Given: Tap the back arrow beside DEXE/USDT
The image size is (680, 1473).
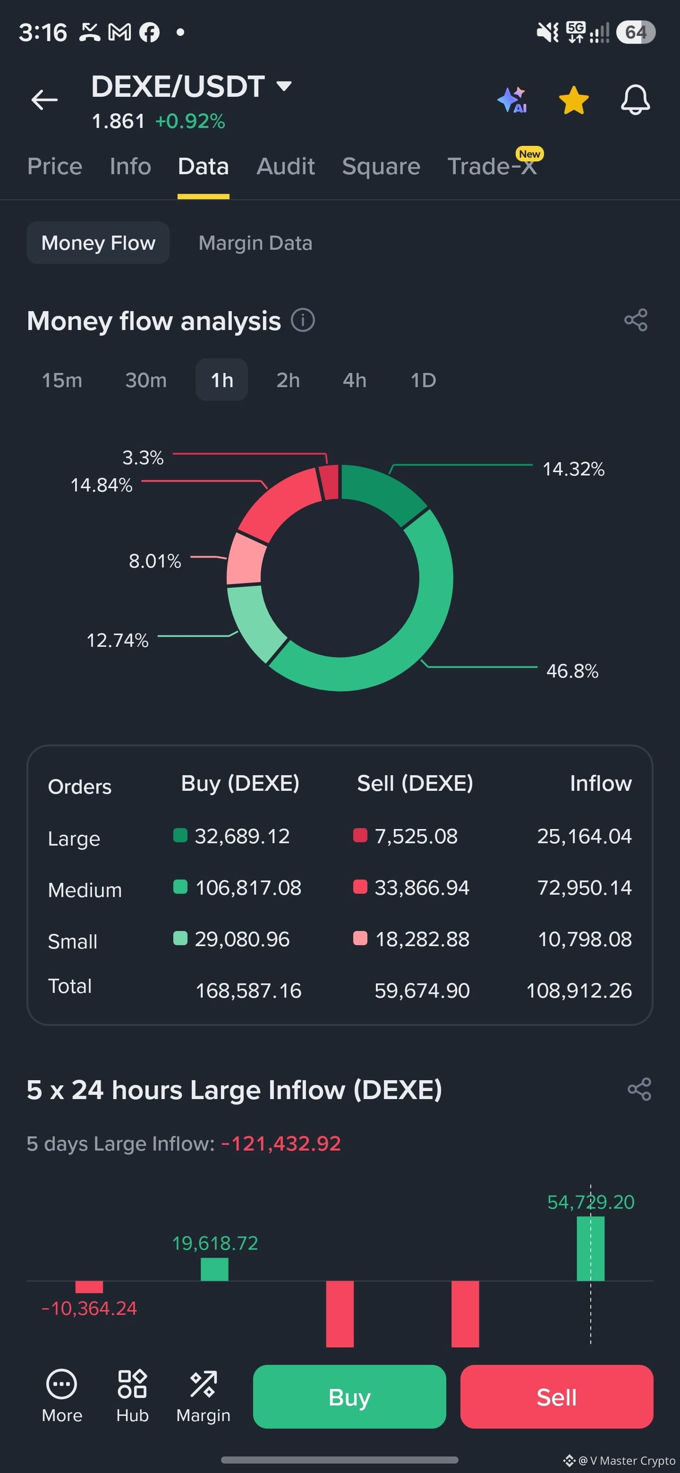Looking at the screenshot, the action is (44, 100).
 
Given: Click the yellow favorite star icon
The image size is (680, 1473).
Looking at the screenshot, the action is (574, 101).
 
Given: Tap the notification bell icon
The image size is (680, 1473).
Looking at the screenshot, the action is (636, 100).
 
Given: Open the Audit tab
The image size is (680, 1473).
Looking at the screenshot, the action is (285, 166).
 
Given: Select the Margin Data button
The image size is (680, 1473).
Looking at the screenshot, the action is (255, 243).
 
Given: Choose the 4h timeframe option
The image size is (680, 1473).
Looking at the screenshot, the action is (355, 380).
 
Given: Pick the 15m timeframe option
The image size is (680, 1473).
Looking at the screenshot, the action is (62, 380).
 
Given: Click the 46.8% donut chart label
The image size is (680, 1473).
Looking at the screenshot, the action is (572, 671).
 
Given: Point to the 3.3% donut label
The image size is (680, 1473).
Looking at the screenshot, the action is (143, 457).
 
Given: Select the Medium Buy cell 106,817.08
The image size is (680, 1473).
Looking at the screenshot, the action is (248, 888).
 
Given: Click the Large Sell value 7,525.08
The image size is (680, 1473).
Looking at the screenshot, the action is (416, 837).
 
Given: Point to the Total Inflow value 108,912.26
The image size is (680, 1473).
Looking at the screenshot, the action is (579, 991).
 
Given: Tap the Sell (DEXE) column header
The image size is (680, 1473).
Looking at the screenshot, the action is (415, 783).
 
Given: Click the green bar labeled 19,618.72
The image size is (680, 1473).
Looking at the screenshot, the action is (214, 1270).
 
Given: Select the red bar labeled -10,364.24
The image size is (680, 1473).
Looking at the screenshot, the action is (89, 1287).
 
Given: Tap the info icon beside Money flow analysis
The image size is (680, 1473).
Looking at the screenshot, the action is (303, 320).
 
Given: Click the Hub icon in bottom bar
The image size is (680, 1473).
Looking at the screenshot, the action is (132, 1384).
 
